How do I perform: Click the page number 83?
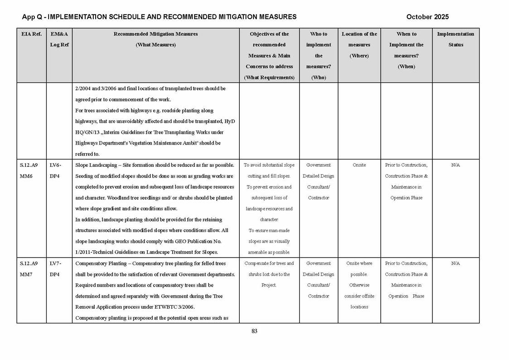[x=254, y=331]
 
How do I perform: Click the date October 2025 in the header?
[x=427, y=17]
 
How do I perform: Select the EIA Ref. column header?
[x=31, y=34]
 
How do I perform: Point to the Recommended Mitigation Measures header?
[x=155, y=34]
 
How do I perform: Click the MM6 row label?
[x=26, y=176]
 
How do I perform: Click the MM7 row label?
[x=26, y=274]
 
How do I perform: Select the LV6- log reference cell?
[x=55, y=165]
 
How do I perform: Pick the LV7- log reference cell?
[x=55, y=263]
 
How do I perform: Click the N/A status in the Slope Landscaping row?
[x=456, y=165]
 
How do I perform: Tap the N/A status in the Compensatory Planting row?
[x=456, y=263]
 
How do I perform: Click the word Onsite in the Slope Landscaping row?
[x=359, y=165]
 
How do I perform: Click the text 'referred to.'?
[x=87, y=154]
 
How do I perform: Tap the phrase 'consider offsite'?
[x=359, y=296]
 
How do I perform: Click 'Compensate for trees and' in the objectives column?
[x=269, y=263]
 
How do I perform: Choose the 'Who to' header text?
[x=319, y=34]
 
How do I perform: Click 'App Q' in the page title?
[x=32, y=17]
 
